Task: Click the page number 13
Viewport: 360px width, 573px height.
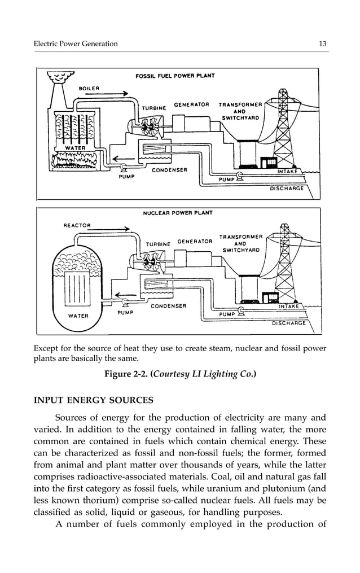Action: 323,44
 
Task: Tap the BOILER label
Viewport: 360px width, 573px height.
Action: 89,88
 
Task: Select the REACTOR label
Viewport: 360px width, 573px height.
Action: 76,225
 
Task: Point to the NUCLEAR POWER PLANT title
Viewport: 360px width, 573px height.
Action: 178,213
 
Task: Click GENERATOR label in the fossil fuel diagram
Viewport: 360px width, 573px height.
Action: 191,104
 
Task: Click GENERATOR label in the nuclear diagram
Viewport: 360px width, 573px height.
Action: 195,241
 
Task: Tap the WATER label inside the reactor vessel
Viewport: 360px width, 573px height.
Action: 78,316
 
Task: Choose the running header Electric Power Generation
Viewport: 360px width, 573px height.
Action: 76,44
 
